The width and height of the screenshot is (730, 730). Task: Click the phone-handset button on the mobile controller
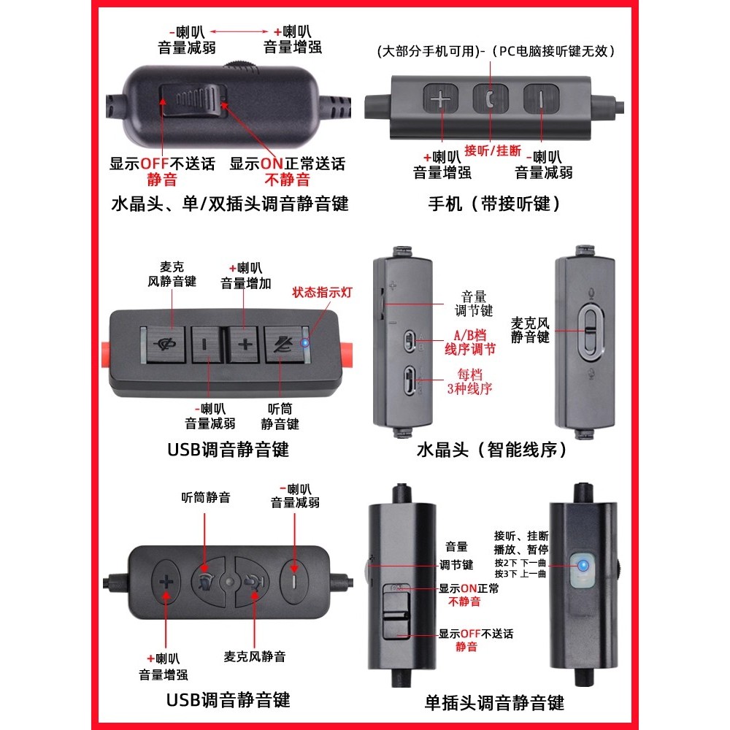491,99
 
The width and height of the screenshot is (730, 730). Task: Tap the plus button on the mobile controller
440,99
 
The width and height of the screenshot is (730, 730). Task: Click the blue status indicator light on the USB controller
304,344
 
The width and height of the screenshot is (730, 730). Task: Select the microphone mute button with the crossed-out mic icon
166,345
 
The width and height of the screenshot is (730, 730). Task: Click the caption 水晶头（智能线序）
492,450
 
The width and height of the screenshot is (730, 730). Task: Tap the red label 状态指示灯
322,293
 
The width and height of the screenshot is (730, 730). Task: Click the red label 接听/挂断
493,150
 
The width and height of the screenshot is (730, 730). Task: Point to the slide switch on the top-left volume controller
193,100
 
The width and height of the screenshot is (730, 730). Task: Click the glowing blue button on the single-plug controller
583,566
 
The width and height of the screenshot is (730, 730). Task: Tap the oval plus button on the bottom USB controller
166,582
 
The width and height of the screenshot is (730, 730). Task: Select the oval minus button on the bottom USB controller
293,581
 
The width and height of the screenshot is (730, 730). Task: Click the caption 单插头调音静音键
494,702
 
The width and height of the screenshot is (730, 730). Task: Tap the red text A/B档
469,335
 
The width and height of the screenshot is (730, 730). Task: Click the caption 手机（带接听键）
494,204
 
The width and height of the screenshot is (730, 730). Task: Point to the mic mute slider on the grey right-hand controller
591,332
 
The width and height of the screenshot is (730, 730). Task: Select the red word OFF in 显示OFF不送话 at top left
154,164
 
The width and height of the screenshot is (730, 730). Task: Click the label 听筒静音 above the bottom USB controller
206,498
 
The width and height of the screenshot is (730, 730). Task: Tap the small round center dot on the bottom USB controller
229,582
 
